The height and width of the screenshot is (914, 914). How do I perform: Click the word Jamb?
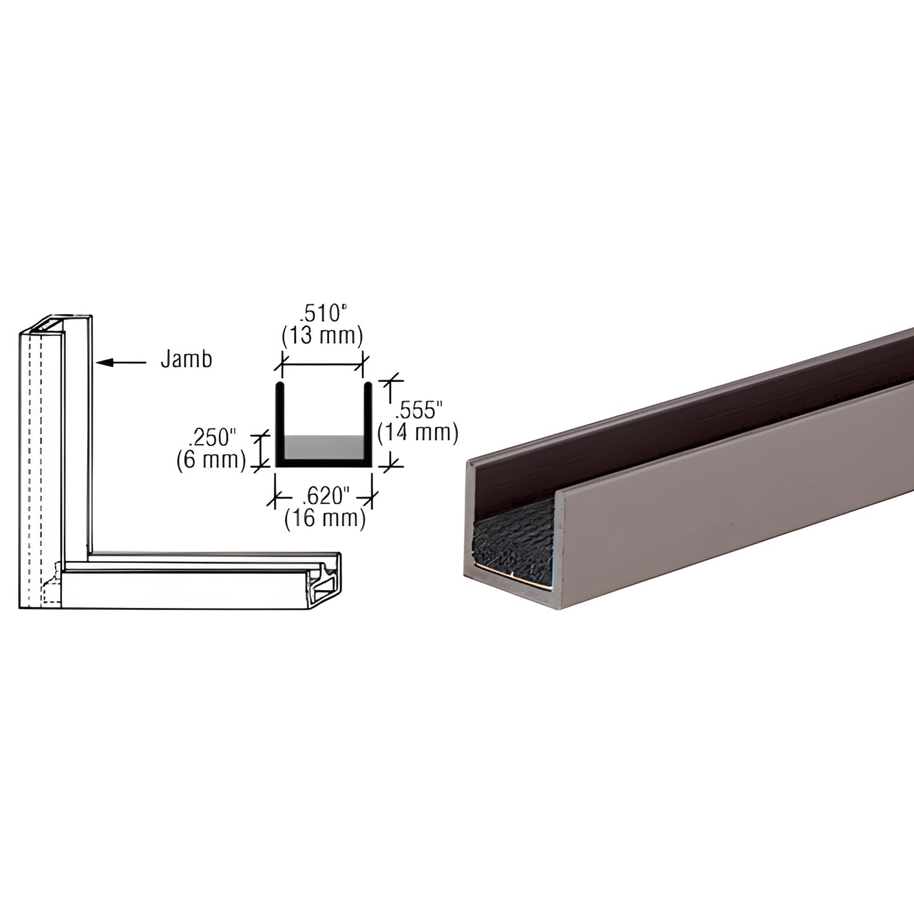coord(186,359)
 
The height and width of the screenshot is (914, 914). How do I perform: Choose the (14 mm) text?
coord(417,433)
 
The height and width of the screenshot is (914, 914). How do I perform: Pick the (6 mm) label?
coord(211,460)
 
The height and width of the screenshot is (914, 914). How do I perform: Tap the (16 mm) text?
coord(325,519)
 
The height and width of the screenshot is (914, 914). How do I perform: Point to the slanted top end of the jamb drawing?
coord(57,323)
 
